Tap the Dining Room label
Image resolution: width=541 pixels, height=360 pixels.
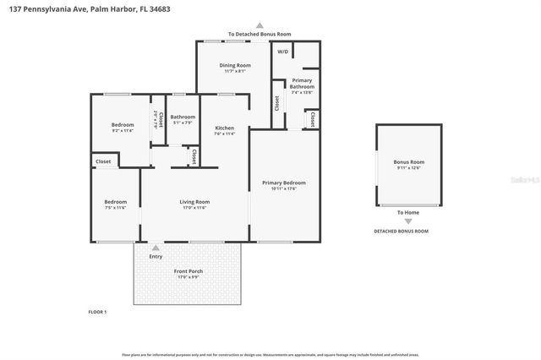click(236, 65)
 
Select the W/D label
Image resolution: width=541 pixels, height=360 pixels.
click(282, 52)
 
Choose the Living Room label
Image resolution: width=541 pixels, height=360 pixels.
click(194, 202)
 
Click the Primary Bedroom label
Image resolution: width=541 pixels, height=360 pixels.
click(283, 183)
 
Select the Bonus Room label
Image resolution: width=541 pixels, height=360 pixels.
click(408, 161)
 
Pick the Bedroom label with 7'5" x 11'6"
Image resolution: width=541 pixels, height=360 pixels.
click(115, 202)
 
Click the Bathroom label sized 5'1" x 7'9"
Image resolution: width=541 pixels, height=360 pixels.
click(183, 117)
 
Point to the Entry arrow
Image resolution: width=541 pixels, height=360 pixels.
click(156, 248)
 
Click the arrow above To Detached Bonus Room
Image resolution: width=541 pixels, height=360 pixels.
click(260, 26)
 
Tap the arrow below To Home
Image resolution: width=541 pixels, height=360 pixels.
click(408, 221)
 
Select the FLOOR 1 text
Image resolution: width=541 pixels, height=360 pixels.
click(97, 312)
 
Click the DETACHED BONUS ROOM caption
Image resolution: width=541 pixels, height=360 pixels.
click(401, 231)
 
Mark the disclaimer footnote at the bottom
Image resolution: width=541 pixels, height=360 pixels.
click(270, 354)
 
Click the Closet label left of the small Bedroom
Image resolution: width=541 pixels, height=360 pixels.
click(103, 161)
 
